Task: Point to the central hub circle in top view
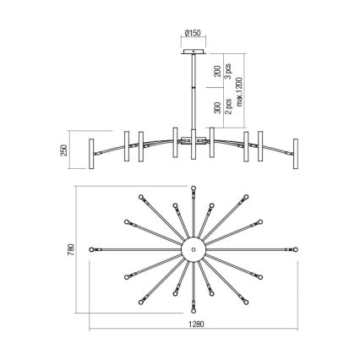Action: (x=194, y=250)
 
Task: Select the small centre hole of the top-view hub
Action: (x=194, y=250)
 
